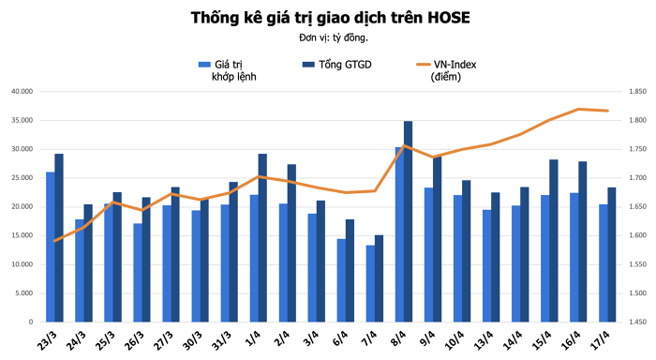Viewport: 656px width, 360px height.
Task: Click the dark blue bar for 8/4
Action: (x=408, y=221)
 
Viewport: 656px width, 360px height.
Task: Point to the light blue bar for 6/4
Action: (x=342, y=279)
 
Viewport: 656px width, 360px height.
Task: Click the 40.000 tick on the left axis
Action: (x=22, y=92)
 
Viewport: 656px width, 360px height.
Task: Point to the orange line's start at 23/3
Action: (x=55, y=241)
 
